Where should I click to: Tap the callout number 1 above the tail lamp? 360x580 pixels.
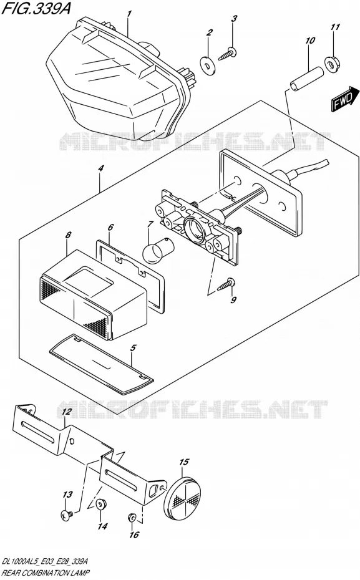coord(129,14)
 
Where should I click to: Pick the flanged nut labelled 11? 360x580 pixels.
coord(333,63)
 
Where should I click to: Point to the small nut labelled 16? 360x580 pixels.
coord(132,517)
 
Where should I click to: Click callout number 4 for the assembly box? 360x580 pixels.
coord(100,168)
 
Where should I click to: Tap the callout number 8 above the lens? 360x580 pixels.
coord(68,235)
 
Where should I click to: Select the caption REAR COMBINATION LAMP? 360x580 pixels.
coord(46,573)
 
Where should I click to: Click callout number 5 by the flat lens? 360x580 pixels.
coord(133,348)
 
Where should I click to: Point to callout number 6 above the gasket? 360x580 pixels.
coord(110,227)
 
